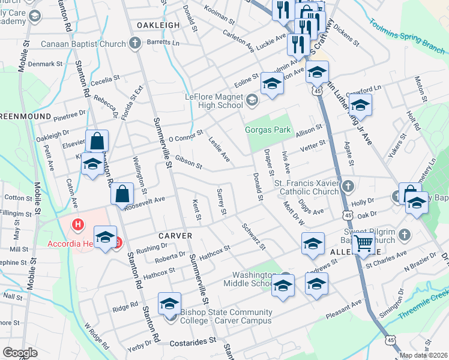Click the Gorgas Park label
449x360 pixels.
[267, 130]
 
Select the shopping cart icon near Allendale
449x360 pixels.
[363, 243]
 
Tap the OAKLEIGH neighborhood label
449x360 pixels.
[158, 25]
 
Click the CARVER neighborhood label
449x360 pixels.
[175, 236]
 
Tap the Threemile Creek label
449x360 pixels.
[424, 303]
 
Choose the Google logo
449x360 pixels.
[20, 353]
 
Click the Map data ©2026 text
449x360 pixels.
[424, 356]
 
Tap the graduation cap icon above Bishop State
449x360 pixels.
[170, 304]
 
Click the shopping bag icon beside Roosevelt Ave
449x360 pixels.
[122, 193]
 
